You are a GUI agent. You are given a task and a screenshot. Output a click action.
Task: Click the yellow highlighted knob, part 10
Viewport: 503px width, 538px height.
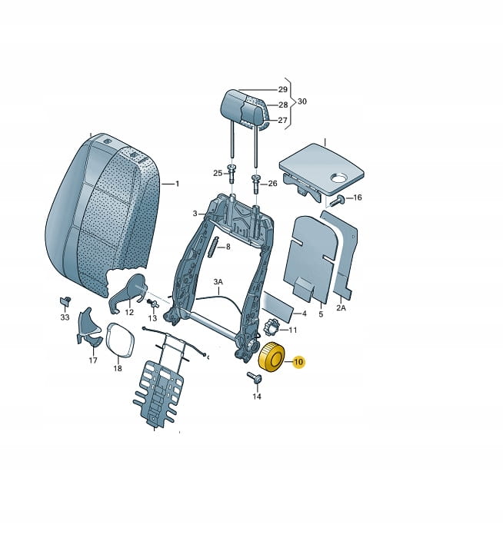pyautogui.click(x=271, y=357)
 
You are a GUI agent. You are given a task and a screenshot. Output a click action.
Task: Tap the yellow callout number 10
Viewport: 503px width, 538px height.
pyautogui.click(x=298, y=362)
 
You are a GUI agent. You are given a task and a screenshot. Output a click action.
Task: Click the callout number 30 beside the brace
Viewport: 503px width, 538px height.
pyautogui.click(x=302, y=101)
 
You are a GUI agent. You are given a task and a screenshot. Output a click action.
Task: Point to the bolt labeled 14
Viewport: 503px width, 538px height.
pyautogui.click(x=255, y=378)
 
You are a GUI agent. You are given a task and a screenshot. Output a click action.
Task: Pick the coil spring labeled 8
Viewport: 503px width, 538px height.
pyautogui.click(x=215, y=247)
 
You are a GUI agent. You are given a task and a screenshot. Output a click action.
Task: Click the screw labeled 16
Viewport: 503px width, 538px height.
pyautogui.click(x=337, y=200)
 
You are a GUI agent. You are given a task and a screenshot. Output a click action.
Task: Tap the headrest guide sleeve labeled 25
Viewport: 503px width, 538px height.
pyautogui.click(x=231, y=173)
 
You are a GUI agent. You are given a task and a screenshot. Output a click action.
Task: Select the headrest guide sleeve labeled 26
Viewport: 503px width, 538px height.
pyautogui.click(x=256, y=184)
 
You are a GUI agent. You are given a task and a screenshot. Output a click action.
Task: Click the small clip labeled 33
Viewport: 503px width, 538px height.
pyautogui.click(x=65, y=301)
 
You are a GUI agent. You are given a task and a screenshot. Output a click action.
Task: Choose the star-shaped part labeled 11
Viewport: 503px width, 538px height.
pyautogui.click(x=272, y=327)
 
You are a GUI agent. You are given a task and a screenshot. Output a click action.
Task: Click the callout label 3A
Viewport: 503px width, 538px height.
pyautogui.click(x=218, y=282)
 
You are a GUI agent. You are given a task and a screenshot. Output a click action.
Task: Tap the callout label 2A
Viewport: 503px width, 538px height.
pyautogui.click(x=341, y=307)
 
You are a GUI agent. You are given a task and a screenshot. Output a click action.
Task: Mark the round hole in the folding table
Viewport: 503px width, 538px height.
pyautogui.click(x=338, y=178)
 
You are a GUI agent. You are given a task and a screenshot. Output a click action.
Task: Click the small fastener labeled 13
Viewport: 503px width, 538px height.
pyautogui.click(x=152, y=304)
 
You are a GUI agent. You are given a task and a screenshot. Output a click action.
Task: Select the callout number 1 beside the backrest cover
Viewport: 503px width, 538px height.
pyautogui.click(x=177, y=184)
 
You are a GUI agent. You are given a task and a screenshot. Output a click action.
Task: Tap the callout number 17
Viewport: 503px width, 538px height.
pyautogui.click(x=93, y=360)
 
